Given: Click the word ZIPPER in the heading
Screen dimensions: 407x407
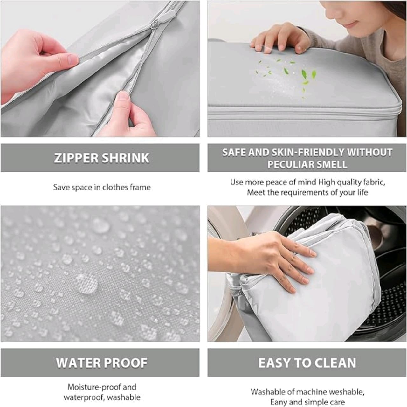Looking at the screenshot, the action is pyautogui.click(x=76, y=158).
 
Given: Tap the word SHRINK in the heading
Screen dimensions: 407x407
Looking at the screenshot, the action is pyautogui.click(x=126, y=158).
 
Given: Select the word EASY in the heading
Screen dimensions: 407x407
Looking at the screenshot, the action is pyautogui.click(x=275, y=363).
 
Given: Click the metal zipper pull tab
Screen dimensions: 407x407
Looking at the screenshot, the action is pyautogui.click(x=153, y=25).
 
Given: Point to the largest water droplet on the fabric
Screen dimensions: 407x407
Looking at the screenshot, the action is pyautogui.click(x=86, y=284).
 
